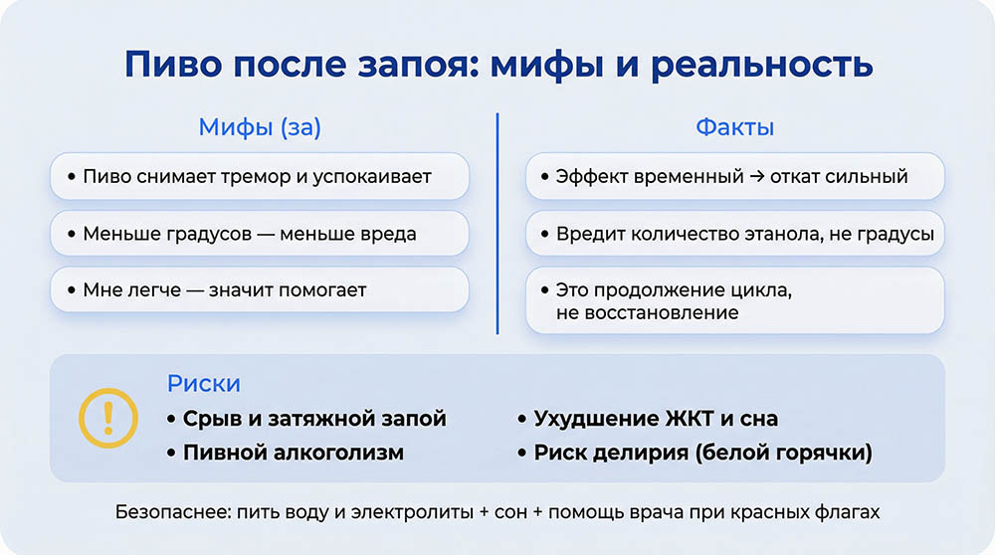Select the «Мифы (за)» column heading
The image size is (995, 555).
coord(260,127)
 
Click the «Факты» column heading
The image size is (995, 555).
coord(734,127)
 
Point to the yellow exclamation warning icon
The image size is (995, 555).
coord(108,417)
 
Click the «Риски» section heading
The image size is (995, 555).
coord(204,384)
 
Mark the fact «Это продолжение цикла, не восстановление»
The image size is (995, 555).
coord(734,301)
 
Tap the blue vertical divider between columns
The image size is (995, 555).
coord(497,224)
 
